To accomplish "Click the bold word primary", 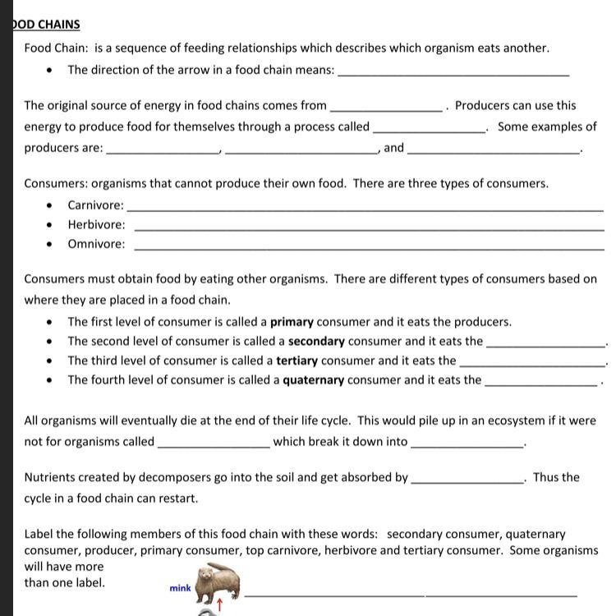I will pyautogui.click(x=292, y=322).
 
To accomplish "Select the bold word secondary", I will pyautogui.click(x=316, y=341).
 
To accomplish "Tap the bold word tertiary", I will pyautogui.click(x=297, y=361).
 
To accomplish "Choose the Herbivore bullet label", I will pyautogui.click(x=97, y=224).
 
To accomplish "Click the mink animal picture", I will pyautogui.click(x=217, y=582).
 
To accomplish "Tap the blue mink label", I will pyautogui.click(x=181, y=588).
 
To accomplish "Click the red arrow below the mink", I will pyautogui.click(x=219, y=606).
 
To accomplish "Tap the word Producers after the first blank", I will pyautogui.click(x=483, y=105).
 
